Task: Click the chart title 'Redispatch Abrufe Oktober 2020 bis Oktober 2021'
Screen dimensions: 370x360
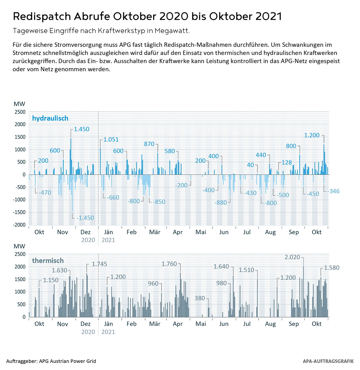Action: (147, 16)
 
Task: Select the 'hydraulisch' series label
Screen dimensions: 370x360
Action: (50, 118)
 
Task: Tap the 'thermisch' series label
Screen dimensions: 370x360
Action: (48, 261)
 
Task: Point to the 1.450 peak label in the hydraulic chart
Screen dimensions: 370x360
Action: (82, 129)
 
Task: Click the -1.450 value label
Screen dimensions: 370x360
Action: (85, 218)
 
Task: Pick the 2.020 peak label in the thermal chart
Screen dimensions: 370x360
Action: (292, 257)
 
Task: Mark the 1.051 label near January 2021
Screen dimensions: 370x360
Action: (111, 140)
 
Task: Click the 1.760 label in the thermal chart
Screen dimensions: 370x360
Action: (169, 264)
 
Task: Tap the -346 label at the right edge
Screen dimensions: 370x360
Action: (333, 191)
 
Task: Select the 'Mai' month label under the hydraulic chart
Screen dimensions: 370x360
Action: (201, 232)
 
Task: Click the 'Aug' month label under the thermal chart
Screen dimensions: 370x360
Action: (270, 324)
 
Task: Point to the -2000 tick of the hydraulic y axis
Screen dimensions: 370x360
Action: (19, 225)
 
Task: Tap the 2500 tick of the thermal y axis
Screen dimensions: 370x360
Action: (20, 254)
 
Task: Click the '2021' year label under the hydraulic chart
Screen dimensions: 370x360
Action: (108, 240)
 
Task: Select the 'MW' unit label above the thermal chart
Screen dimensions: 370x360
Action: (19, 246)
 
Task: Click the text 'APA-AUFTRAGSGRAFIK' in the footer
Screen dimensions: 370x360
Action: (328, 361)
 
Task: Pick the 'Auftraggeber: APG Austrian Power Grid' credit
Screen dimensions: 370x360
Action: (51, 361)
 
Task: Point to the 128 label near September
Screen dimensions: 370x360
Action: (287, 162)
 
